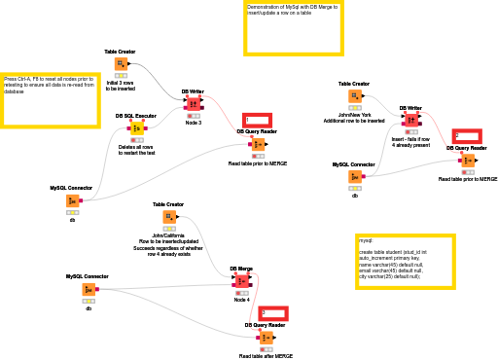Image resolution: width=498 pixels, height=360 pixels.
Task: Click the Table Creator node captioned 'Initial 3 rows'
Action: point(121,65)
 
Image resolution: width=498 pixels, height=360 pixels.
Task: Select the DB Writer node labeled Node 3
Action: point(193,104)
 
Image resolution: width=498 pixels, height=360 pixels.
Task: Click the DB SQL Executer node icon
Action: point(137,128)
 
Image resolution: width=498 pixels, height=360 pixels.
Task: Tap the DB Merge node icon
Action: point(241,281)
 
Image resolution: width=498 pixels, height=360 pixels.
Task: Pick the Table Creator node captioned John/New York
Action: point(354,97)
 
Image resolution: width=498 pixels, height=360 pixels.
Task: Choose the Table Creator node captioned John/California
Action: point(168,217)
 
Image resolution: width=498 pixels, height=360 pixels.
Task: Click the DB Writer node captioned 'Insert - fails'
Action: point(410,121)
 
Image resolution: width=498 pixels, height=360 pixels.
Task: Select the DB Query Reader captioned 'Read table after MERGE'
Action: point(266,337)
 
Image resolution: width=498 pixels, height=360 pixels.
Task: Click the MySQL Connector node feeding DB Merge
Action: point(88,289)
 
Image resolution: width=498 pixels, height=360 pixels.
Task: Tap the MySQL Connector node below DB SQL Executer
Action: point(72,200)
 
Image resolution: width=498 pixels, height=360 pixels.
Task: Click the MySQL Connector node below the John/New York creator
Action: point(354,177)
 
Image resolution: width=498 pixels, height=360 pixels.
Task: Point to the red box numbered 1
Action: point(257,121)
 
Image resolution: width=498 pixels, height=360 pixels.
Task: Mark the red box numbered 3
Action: point(273,313)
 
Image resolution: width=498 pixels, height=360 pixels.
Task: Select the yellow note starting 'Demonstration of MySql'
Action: point(294,26)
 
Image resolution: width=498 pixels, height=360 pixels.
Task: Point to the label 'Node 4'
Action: point(242,300)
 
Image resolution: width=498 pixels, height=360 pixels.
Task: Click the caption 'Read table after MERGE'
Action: point(266,356)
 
